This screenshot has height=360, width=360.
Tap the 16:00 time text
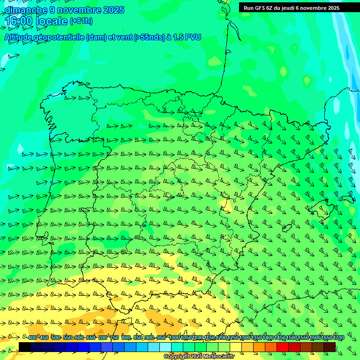tap(18, 21)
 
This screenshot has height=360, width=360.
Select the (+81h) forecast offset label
tap(81, 21)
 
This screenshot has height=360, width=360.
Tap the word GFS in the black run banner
tap(260, 8)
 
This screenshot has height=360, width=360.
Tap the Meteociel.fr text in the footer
tap(217, 357)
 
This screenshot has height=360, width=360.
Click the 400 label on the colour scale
tap(32, 338)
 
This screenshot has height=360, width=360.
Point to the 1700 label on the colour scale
tap(338, 338)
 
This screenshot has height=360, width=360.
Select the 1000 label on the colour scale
tap(174, 338)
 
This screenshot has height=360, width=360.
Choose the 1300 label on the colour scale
tap(245, 338)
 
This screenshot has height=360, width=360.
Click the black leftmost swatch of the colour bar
tap(25, 347)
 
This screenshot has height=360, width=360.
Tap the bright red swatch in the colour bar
tap(283, 347)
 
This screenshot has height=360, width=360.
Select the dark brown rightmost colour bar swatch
tap(330, 347)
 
